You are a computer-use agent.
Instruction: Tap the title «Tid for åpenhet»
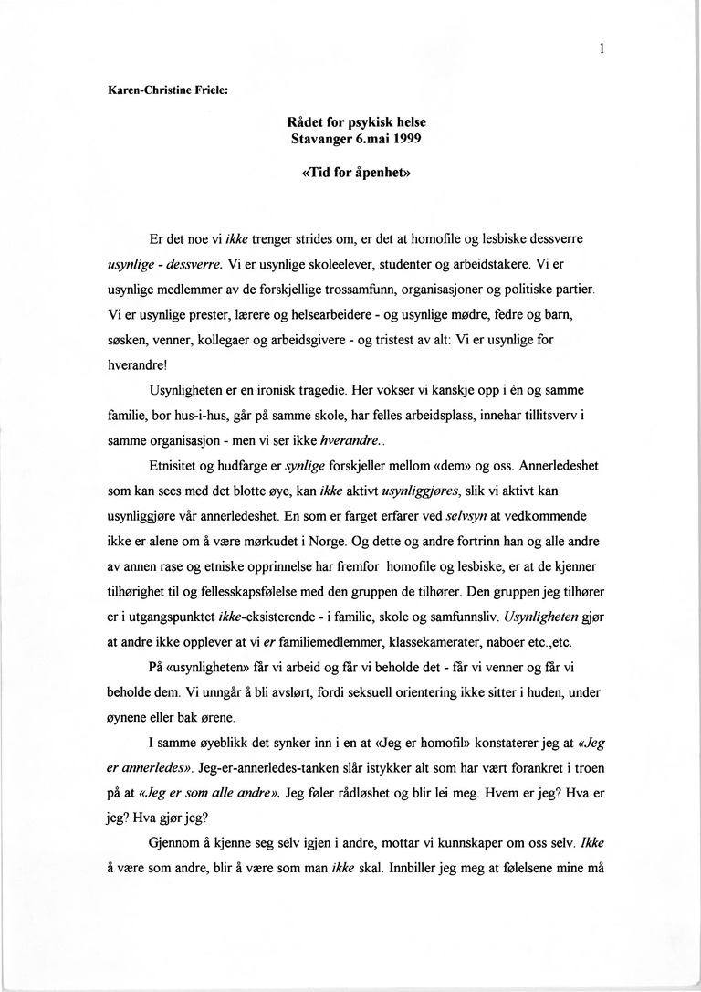tap(350, 176)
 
